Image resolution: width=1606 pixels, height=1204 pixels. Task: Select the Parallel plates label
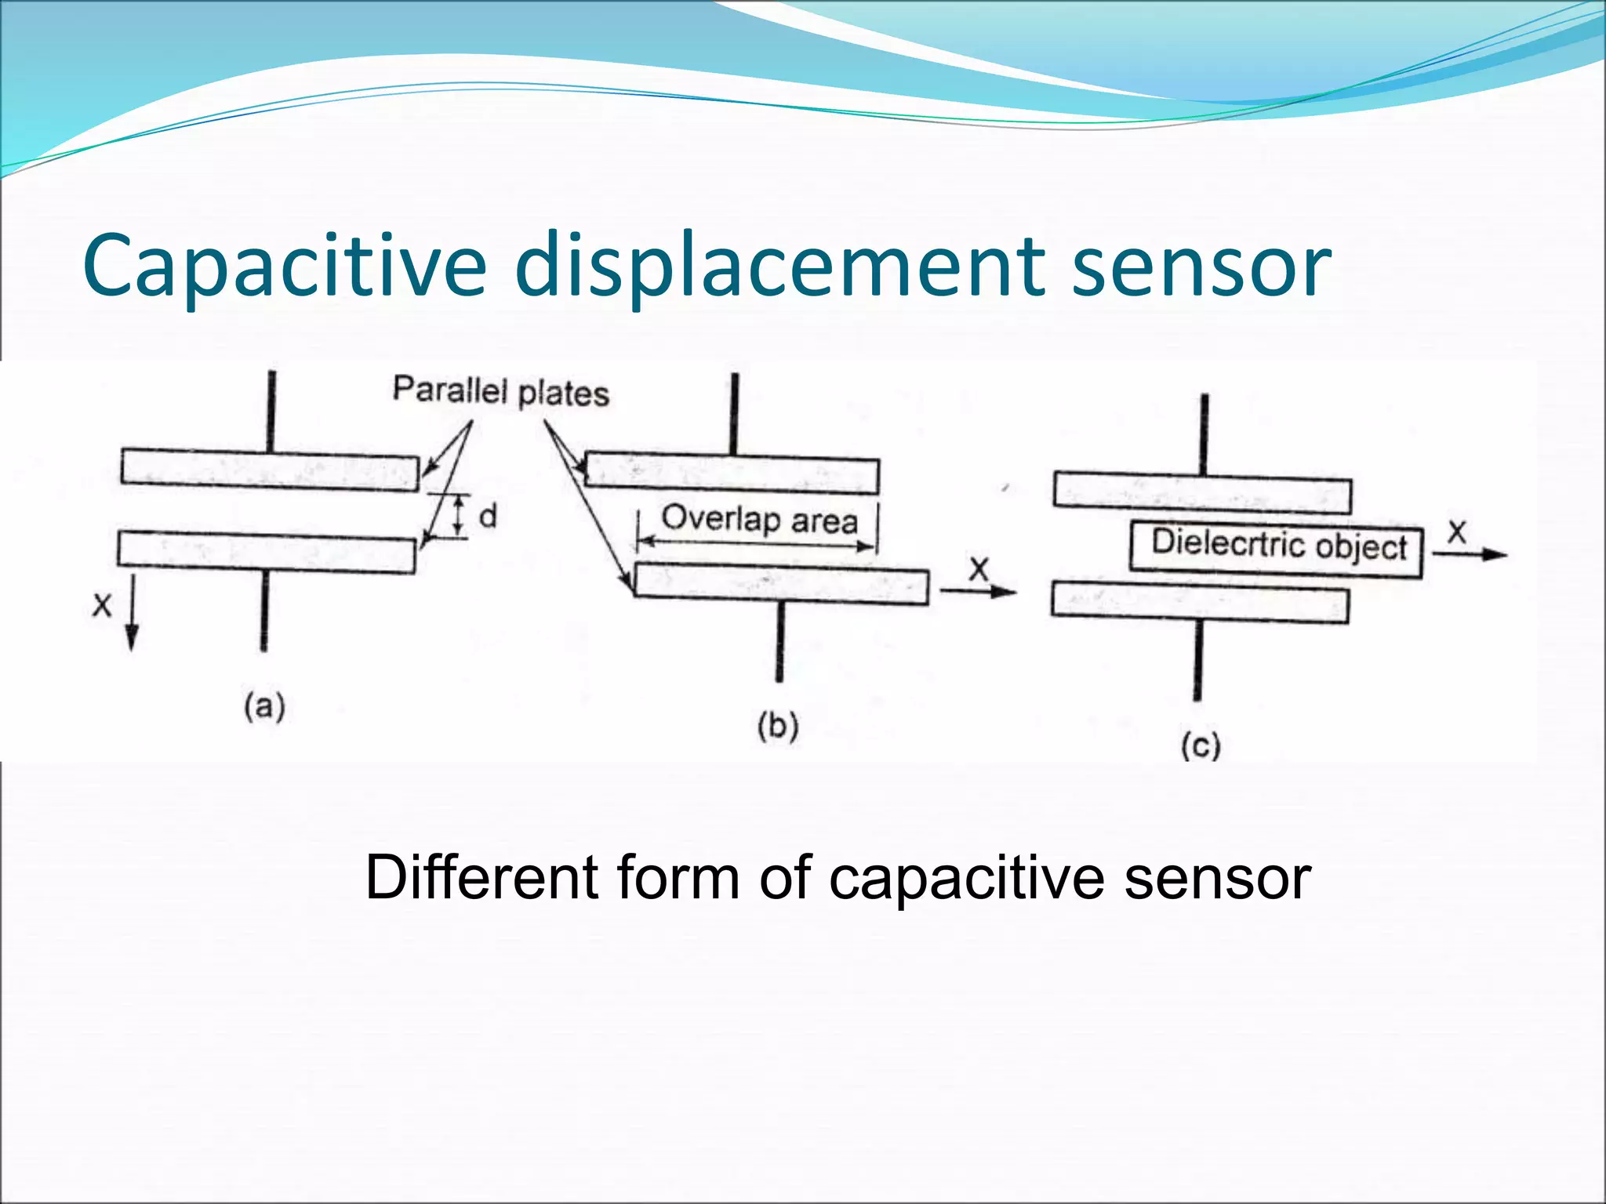[x=500, y=391]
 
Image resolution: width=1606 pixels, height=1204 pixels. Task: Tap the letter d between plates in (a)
[x=488, y=517]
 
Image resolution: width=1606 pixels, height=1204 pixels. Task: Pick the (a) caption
[x=264, y=706]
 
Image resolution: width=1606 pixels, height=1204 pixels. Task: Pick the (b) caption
[x=777, y=726]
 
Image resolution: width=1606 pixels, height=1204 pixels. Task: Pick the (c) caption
[x=1201, y=745]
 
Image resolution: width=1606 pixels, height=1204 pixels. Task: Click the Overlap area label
[x=759, y=520]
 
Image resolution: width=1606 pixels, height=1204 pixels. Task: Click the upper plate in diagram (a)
[x=270, y=470]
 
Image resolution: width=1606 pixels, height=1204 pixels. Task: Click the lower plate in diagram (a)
[x=267, y=552]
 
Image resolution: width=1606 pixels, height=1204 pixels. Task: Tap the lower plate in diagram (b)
[x=781, y=585]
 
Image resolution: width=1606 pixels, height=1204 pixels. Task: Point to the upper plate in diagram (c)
[x=1202, y=493]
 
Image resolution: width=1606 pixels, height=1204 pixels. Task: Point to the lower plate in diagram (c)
[x=1200, y=602]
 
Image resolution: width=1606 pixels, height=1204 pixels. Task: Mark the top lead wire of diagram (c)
[x=1204, y=435]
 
